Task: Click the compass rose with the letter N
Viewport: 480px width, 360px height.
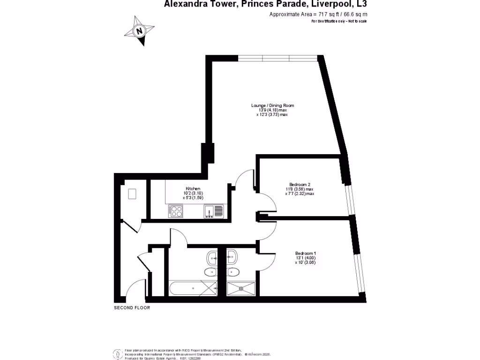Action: click(x=139, y=31)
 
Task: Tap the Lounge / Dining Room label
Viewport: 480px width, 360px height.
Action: click(x=272, y=105)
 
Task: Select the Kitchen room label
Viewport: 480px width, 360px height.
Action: click(x=193, y=188)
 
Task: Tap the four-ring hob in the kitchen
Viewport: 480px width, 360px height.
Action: click(x=176, y=212)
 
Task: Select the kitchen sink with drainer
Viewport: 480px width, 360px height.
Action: click(x=214, y=212)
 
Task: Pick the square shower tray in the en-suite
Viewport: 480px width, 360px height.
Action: click(x=242, y=288)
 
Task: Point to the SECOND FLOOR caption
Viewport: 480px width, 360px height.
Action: click(x=132, y=308)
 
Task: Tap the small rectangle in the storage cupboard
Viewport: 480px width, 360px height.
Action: click(x=132, y=194)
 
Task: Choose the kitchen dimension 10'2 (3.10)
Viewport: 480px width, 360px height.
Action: click(x=193, y=193)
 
